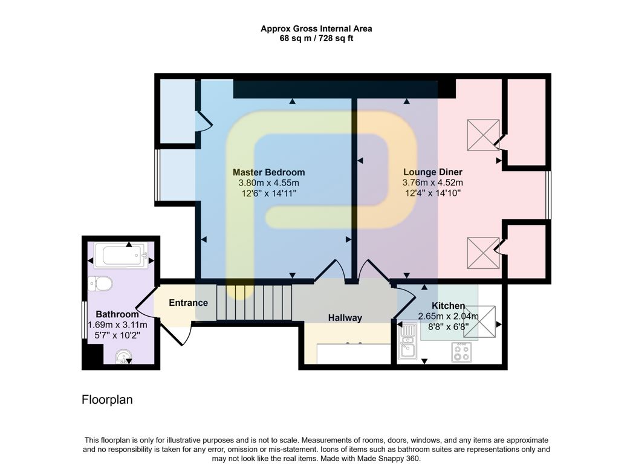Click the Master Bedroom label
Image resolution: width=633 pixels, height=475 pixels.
coord(268,172)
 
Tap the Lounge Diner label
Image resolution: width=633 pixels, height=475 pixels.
coord(432,172)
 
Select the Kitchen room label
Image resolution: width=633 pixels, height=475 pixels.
coord(448,306)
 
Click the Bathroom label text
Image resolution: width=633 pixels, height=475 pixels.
coord(117,314)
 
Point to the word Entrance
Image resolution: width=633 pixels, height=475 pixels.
coord(188,303)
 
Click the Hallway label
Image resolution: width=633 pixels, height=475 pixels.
coord(345,318)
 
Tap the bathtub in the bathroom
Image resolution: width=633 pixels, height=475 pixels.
coord(121,256)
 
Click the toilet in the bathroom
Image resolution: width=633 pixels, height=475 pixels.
coord(100,283)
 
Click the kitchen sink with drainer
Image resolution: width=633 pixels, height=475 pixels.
coord(408,341)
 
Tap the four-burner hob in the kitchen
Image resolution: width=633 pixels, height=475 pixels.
coord(461,352)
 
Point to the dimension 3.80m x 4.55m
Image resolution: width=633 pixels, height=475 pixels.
coord(268,183)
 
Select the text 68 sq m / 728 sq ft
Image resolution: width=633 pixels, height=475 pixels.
coord(316,39)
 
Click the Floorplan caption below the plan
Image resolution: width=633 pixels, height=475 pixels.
coord(107,400)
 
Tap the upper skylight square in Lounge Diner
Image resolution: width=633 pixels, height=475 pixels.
coord(483,135)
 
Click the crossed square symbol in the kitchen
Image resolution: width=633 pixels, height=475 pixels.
coord(479,322)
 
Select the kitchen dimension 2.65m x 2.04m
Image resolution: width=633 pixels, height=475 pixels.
coord(448,315)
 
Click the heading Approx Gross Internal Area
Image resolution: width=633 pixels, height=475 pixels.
coord(316,28)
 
